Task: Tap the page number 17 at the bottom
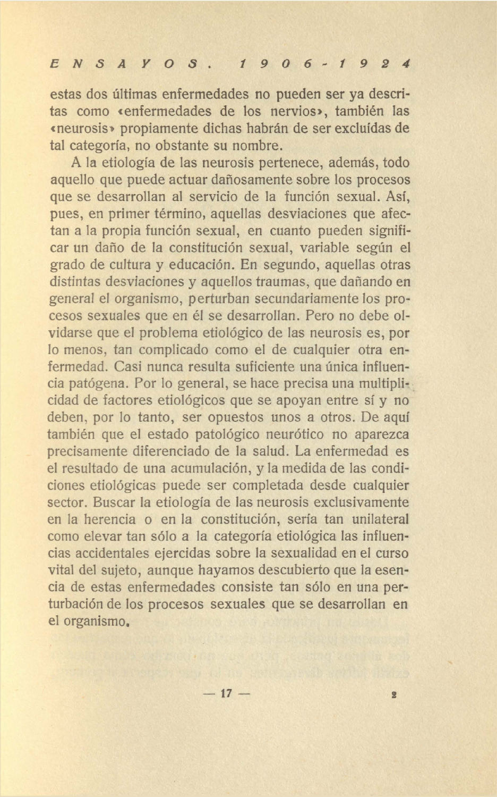(226, 693)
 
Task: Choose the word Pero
(318, 316)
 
